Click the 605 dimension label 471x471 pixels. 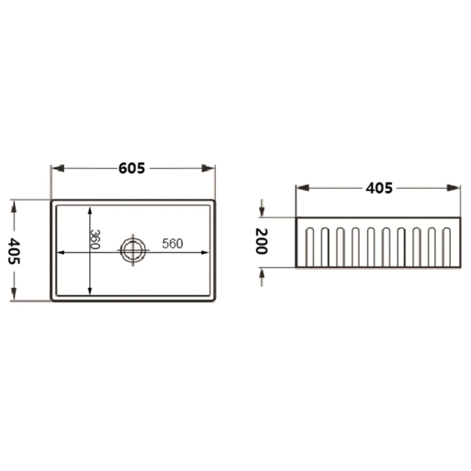[132, 168]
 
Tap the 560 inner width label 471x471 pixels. [172, 244]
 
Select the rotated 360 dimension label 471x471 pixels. [95, 239]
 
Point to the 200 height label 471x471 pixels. [262, 241]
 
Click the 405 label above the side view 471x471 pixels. [379, 188]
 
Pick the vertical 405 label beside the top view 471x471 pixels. [14, 251]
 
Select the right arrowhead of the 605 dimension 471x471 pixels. [208, 168]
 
